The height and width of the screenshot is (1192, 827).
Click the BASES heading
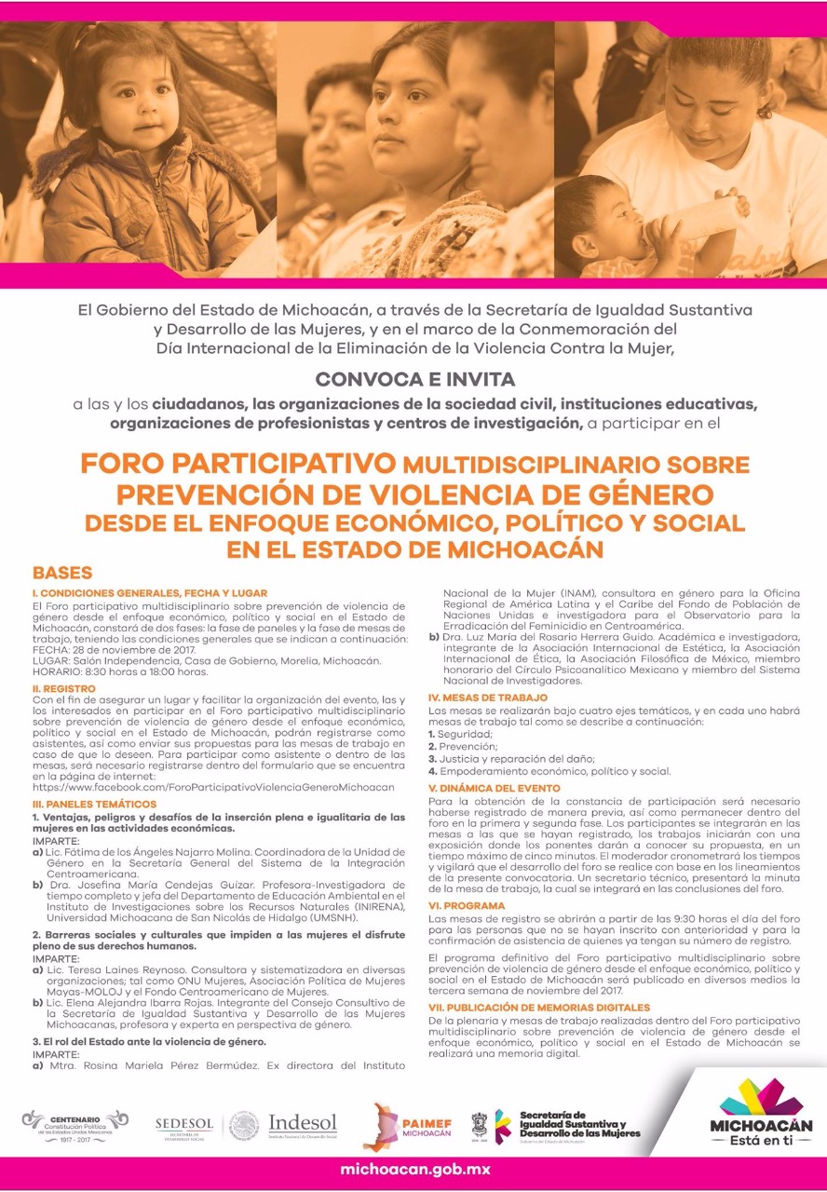pyautogui.click(x=62, y=573)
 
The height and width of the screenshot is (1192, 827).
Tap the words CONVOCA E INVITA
pyautogui.click(x=414, y=379)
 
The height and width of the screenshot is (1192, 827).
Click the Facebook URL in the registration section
pyautogui.click(x=213, y=787)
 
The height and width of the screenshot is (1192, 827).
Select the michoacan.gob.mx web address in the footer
pyautogui.click(x=414, y=1169)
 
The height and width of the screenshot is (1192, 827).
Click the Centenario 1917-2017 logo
pyautogui.click(x=75, y=1125)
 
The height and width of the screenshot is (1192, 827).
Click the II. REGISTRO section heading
pyautogui.click(x=63, y=688)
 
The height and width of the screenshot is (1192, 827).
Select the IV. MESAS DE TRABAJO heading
pyautogui.click(x=487, y=698)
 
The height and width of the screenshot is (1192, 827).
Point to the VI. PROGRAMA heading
pyautogui.click(x=467, y=905)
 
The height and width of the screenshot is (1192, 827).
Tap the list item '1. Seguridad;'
pyautogui.click(x=462, y=734)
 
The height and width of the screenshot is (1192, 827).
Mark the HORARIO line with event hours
pyautogui.click(x=119, y=671)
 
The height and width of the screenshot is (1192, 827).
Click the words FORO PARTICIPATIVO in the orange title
pyautogui.click(x=237, y=463)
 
